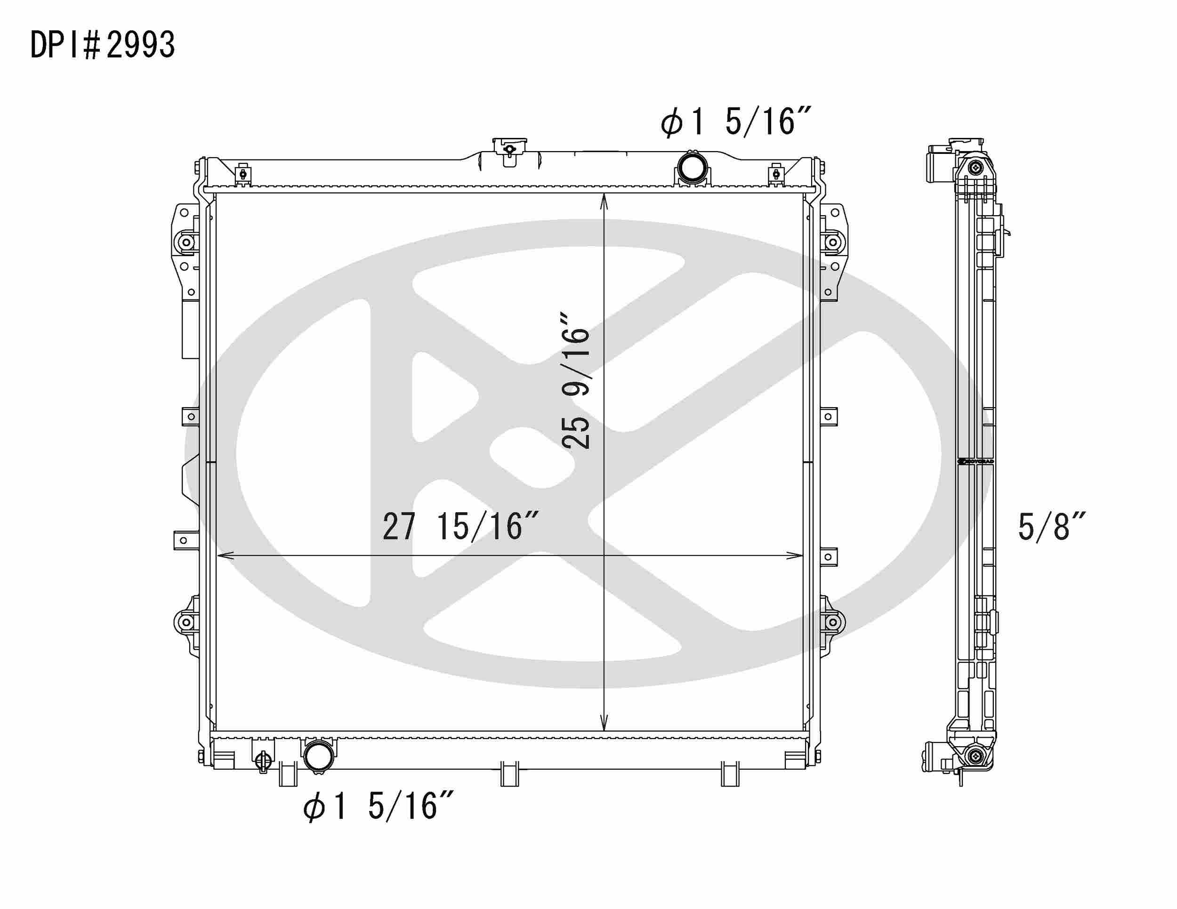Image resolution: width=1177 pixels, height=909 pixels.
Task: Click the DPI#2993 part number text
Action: click(102, 45)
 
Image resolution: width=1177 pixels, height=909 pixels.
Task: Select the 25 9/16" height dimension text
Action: click(576, 379)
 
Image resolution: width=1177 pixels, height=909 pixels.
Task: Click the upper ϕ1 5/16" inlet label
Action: click(735, 121)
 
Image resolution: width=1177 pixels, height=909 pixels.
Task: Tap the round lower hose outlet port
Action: click(319, 756)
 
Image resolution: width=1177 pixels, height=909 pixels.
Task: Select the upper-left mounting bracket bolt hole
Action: click(187, 242)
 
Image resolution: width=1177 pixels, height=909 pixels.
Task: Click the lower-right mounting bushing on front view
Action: click(833, 622)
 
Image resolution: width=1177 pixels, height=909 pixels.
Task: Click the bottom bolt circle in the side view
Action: click(975, 756)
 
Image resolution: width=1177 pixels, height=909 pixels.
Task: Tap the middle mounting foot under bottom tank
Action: click(509, 774)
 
